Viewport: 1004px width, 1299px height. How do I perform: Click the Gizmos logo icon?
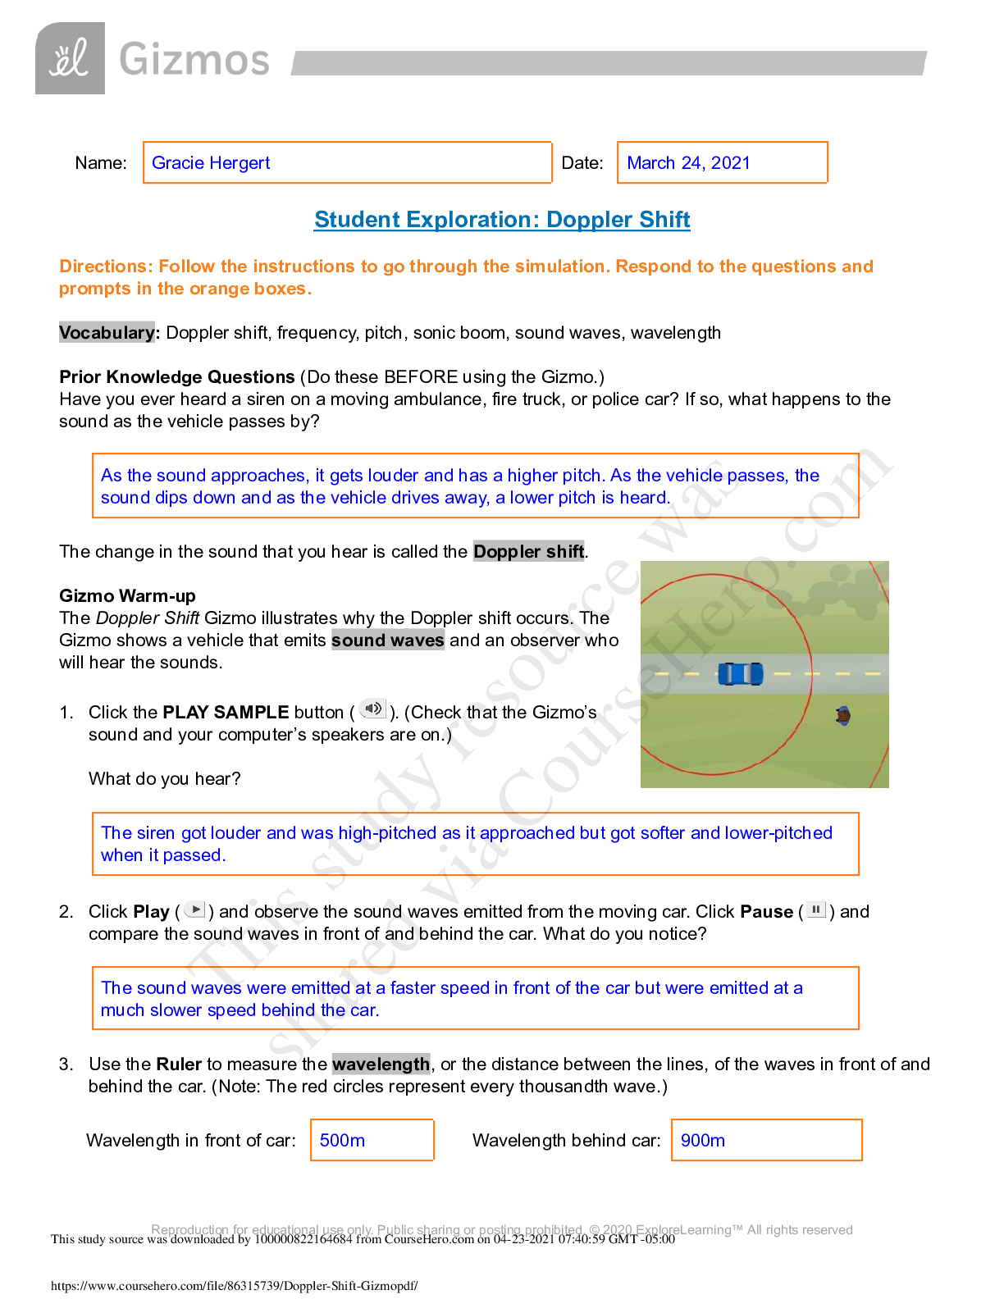(x=70, y=59)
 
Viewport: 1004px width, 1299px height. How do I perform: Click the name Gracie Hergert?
(x=211, y=163)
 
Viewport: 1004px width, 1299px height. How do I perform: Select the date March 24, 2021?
(x=688, y=163)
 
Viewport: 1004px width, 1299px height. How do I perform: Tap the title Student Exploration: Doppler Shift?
(x=502, y=220)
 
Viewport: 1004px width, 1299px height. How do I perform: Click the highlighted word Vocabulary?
(x=107, y=333)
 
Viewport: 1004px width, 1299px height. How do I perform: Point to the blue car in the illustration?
(x=740, y=674)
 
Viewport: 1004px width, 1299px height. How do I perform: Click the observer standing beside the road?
(x=842, y=716)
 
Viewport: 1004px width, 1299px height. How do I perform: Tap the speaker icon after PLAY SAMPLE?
(x=373, y=709)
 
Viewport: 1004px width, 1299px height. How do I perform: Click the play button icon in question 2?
(x=195, y=909)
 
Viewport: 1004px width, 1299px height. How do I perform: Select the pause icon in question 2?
(x=816, y=909)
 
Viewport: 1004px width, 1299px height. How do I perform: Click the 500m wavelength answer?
(x=342, y=1141)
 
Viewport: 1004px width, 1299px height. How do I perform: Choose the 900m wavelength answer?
(x=703, y=1141)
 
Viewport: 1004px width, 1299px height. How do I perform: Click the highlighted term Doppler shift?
(x=529, y=552)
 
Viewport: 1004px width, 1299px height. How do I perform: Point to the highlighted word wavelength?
(x=381, y=1064)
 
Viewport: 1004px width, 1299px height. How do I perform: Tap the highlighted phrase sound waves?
(x=388, y=640)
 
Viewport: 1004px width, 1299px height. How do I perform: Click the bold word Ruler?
(x=179, y=1064)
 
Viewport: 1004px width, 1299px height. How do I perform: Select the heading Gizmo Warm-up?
(x=127, y=596)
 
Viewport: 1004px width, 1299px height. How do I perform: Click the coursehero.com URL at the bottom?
(x=235, y=1286)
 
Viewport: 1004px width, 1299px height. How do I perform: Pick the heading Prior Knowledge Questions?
(x=177, y=377)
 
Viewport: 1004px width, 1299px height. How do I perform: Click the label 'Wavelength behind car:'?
(x=567, y=1141)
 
